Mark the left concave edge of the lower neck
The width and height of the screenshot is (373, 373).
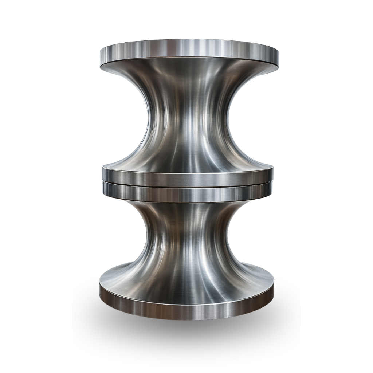point(146,240)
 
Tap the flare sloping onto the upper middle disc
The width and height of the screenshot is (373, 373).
point(188,160)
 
